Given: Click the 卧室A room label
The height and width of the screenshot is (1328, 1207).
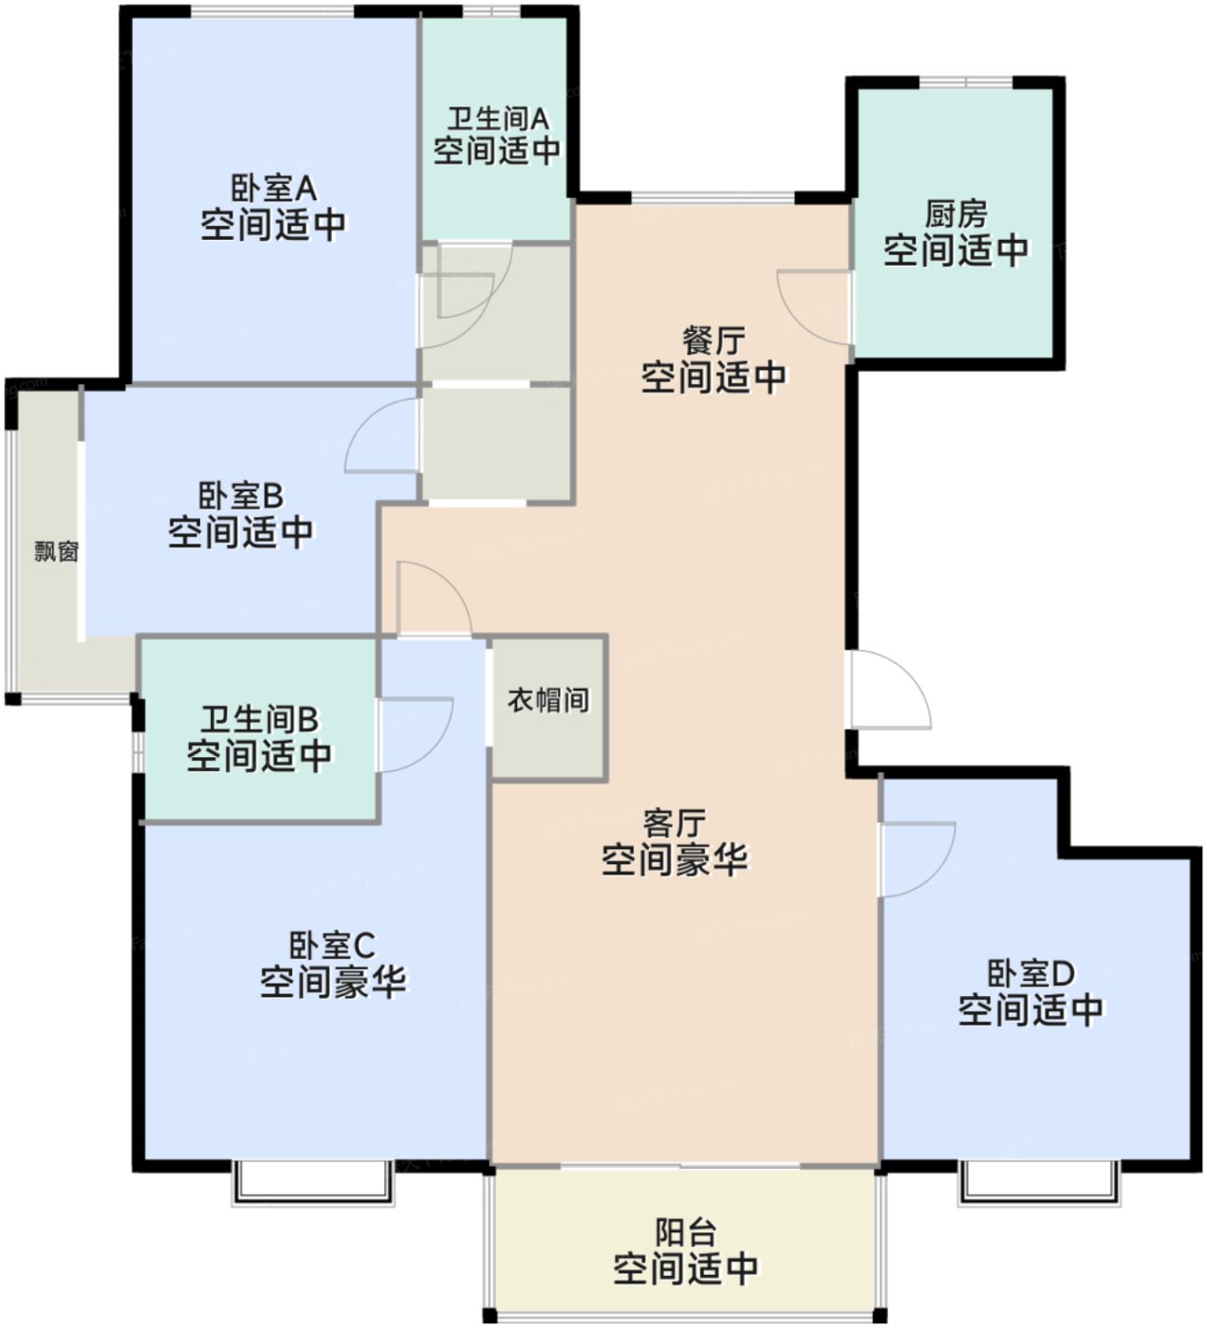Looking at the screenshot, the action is click(273, 188).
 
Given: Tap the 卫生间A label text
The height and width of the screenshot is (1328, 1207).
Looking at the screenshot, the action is click(497, 120).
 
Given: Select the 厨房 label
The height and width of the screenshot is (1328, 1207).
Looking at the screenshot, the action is click(956, 214).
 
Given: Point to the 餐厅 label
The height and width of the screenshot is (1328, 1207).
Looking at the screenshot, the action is click(714, 341).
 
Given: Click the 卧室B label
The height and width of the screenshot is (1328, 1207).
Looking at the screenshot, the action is click(240, 496).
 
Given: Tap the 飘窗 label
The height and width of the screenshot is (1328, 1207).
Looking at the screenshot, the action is click(57, 551).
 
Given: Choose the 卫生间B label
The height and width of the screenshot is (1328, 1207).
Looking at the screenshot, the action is click(259, 719).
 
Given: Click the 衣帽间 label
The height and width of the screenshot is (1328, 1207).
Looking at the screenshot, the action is click(548, 700).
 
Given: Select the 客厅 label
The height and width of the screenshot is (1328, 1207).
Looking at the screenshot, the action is click(675, 823).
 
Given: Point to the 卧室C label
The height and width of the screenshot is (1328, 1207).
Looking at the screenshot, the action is click(332, 946).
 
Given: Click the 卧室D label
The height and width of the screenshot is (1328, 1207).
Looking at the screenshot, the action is click(1031, 973).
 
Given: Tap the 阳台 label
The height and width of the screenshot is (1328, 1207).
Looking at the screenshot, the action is click(686, 1232).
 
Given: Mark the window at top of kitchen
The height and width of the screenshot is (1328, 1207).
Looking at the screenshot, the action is click(966, 83).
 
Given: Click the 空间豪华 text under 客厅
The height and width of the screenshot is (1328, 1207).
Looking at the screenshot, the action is click(675, 860).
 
